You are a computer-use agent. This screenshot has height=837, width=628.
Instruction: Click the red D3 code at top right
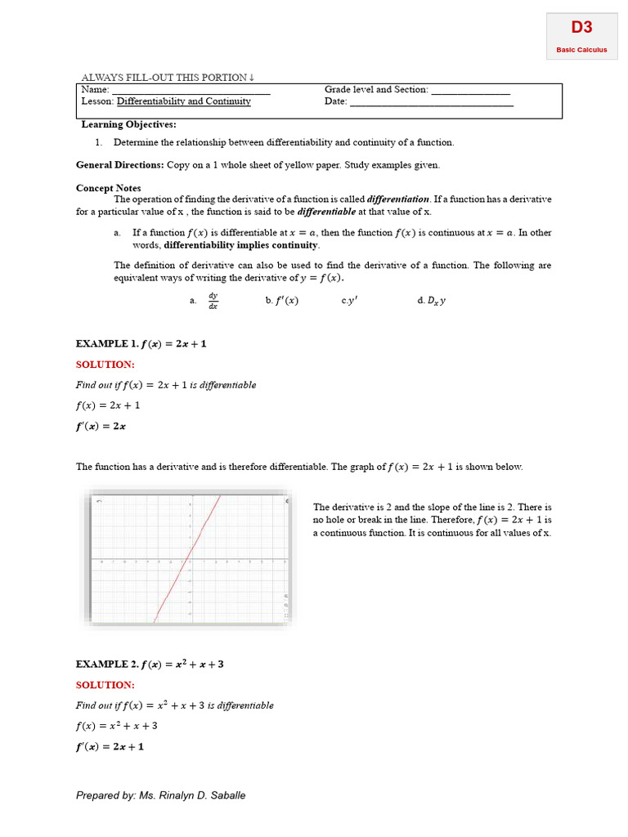click(581, 28)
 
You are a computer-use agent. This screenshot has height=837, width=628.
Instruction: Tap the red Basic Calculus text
click(581, 50)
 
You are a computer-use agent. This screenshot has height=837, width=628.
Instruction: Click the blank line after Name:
click(191, 91)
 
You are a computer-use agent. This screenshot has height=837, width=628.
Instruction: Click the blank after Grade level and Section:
click(470, 91)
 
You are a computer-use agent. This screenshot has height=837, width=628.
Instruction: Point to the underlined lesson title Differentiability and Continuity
click(183, 101)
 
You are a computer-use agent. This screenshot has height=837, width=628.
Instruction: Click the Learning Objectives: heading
click(128, 124)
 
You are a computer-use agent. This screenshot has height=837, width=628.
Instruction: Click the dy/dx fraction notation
click(213, 300)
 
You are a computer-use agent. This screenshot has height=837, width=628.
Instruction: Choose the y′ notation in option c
click(352, 301)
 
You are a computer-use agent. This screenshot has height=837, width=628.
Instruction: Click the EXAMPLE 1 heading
click(141, 344)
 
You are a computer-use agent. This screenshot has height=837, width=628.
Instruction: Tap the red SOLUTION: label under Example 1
click(105, 365)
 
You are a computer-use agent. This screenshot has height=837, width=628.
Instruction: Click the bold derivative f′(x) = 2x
click(101, 426)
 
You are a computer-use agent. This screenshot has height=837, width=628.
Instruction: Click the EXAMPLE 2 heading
click(150, 665)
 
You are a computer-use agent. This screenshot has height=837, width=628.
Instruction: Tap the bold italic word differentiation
click(398, 199)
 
